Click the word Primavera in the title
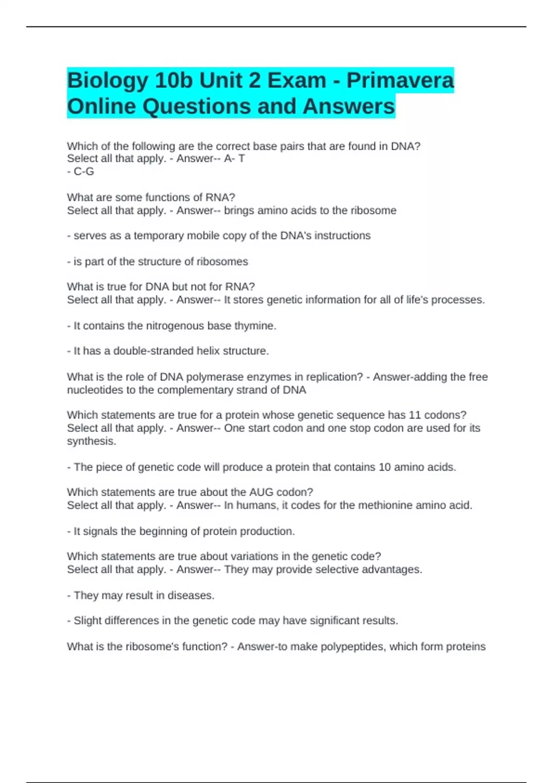[x=400, y=81]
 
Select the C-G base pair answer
[x=83, y=171]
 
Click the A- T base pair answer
[x=234, y=158]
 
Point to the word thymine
[x=254, y=326]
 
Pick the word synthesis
[x=91, y=441]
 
